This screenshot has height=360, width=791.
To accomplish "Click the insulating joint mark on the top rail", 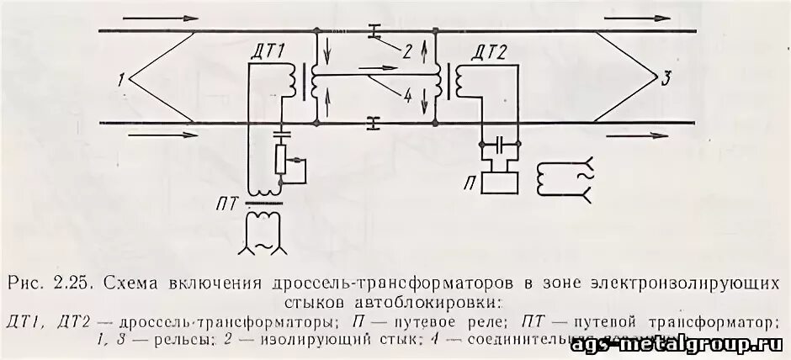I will click(374, 33).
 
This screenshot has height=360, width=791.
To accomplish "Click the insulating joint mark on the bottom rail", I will click(374, 124).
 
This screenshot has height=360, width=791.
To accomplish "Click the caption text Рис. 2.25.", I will click(50, 283).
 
